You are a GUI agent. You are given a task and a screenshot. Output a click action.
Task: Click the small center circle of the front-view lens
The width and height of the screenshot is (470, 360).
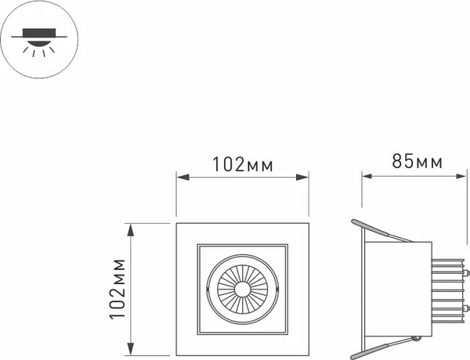pyautogui.click(x=241, y=289)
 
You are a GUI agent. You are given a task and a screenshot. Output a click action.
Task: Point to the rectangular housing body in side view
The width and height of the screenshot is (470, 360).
pyautogui.click(x=399, y=290)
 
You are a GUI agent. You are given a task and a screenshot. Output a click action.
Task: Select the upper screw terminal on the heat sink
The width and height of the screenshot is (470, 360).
pyautogui.click(x=468, y=274)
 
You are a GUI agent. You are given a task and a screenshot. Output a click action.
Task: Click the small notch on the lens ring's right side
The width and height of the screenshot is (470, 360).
pyautogui.click(x=276, y=290)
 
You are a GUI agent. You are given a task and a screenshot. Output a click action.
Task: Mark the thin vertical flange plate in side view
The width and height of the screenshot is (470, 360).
pyautogui.click(x=363, y=290)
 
